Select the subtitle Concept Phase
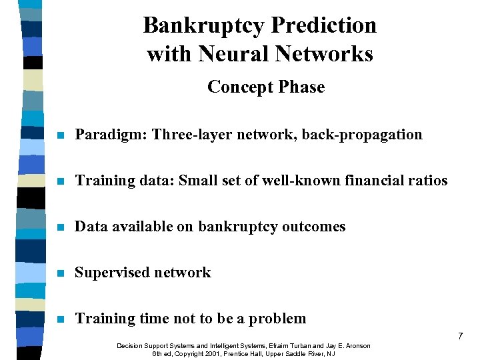click(x=266, y=87)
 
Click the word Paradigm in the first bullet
click(x=110, y=135)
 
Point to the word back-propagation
click(x=362, y=135)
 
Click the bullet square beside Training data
click(x=60, y=181)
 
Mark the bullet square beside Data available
click(x=60, y=227)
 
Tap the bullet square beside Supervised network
click(x=60, y=273)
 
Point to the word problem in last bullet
click(x=279, y=319)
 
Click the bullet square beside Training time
click(x=60, y=319)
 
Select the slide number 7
click(x=460, y=337)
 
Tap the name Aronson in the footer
click(x=355, y=346)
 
